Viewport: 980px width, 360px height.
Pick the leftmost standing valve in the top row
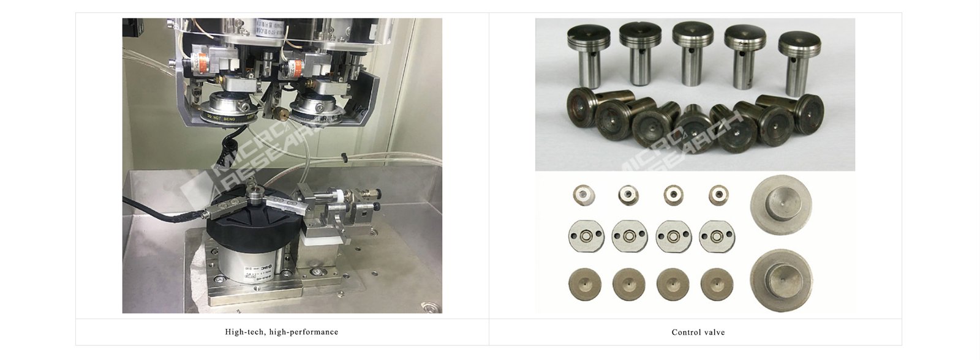(x=589, y=52)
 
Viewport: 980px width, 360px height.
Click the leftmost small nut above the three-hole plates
(x=583, y=195)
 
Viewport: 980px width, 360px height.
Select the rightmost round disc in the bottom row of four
(x=717, y=285)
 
